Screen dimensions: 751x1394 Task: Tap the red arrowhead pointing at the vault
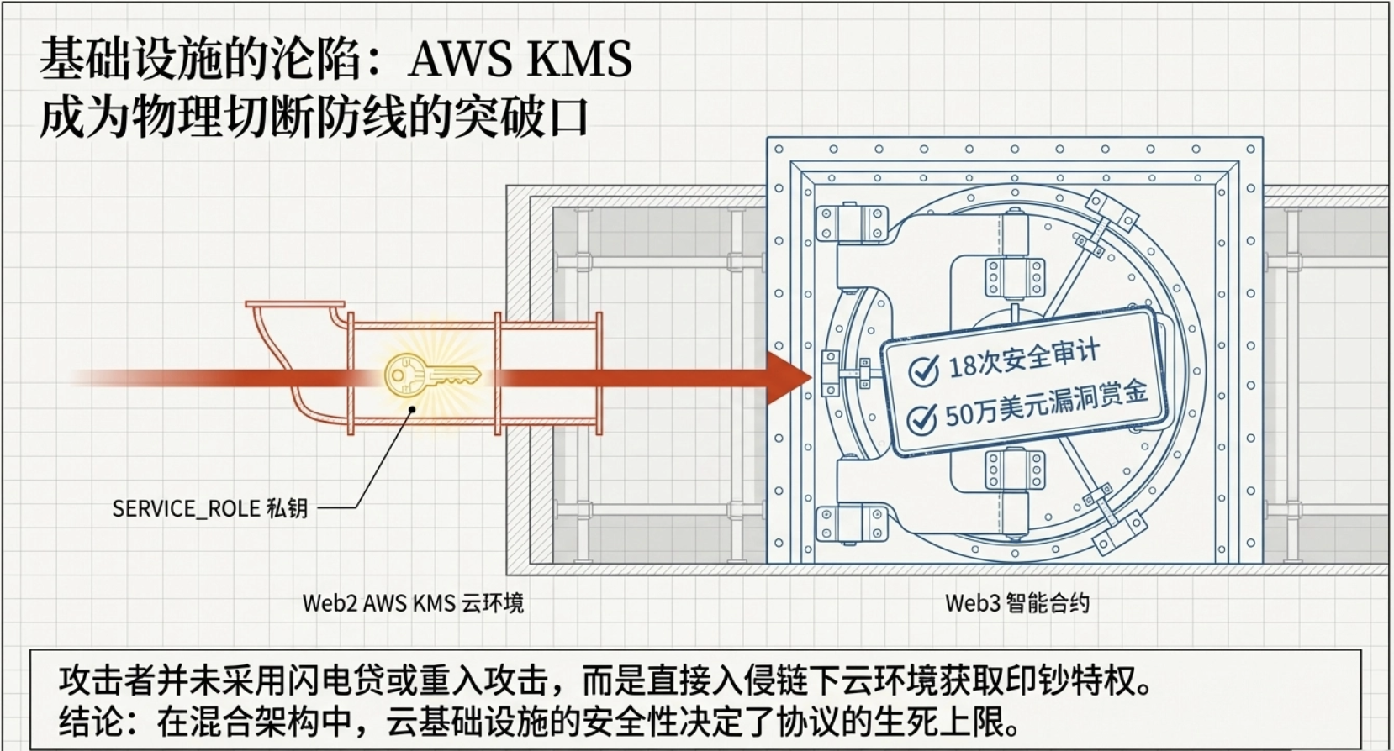click(x=787, y=378)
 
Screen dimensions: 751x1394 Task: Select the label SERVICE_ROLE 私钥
click(x=210, y=508)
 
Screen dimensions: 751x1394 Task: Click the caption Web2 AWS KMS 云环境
click(x=413, y=603)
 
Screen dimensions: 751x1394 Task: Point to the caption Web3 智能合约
click(x=1016, y=603)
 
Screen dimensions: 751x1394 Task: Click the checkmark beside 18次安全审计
click(x=923, y=370)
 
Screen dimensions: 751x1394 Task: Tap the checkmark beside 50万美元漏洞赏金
click(x=922, y=418)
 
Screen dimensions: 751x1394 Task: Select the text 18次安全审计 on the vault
click(x=1023, y=359)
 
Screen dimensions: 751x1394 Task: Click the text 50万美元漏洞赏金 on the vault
click(x=1047, y=404)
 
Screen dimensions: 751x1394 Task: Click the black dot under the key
click(x=413, y=410)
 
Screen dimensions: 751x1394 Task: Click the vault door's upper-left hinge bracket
click(x=852, y=223)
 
